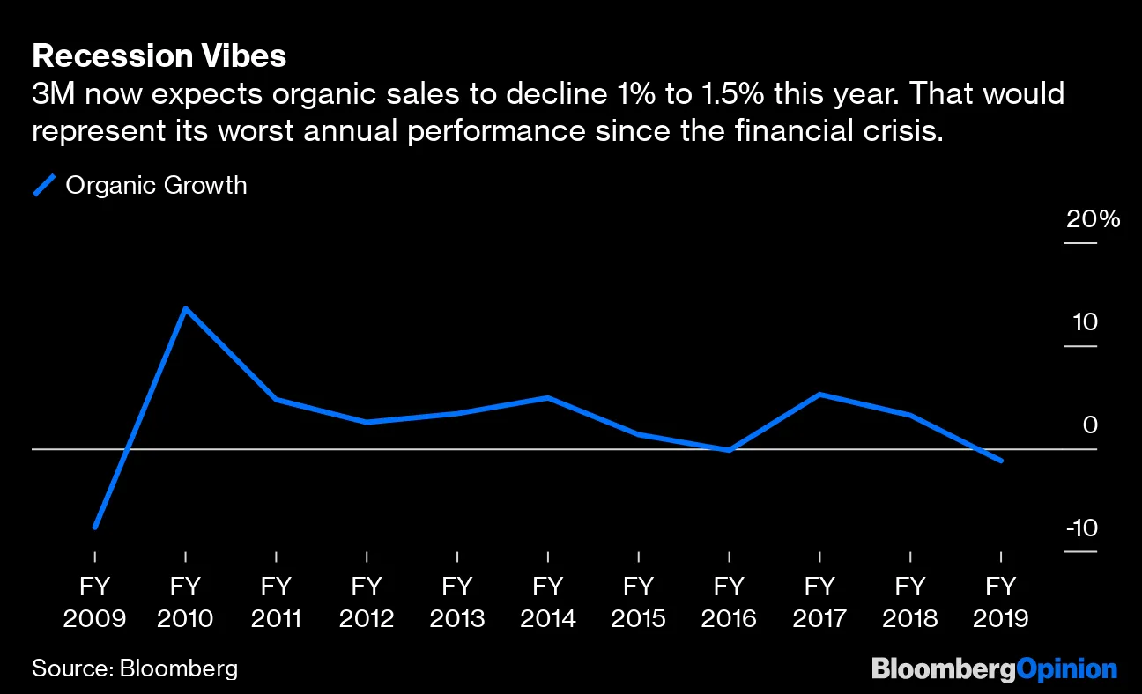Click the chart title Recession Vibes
[x=159, y=56]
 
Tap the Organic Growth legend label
[x=156, y=185]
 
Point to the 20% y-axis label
[x=1093, y=219]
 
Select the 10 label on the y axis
[x=1085, y=322]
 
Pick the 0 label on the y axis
[x=1090, y=425]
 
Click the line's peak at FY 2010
[x=185, y=308]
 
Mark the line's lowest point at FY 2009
[x=94, y=527]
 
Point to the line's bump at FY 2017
[x=819, y=394]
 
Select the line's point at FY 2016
[x=729, y=450]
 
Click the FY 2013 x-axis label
[x=457, y=602]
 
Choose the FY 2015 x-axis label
[x=638, y=602]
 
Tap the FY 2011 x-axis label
[x=276, y=602]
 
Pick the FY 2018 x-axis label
[x=909, y=602]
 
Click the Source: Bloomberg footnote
[x=135, y=668]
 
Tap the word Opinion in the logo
[x=1066, y=669]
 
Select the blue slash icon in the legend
[x=44, y=185]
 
